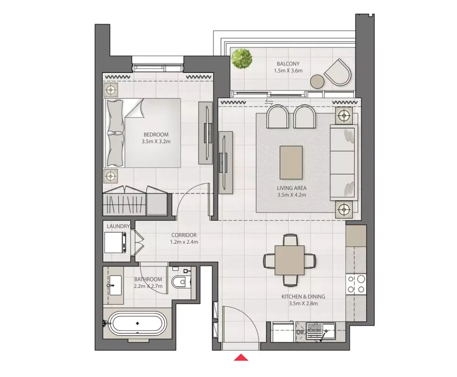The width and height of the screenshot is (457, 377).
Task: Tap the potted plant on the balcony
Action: point(242,59)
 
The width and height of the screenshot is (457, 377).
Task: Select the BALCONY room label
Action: point(288,64)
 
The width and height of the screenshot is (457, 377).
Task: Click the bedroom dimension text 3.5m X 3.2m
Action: point(156,141)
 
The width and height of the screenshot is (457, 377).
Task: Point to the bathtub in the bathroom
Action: point(138,324)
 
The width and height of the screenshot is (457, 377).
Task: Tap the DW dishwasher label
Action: point(300,332)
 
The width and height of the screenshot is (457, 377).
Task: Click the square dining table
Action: point(289,260)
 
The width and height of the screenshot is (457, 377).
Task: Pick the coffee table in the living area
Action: point(291,163)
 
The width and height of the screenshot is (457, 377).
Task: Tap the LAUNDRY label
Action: point(118,226)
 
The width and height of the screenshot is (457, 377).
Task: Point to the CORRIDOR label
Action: point(184,235)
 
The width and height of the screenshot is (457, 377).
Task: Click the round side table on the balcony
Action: point(317,82)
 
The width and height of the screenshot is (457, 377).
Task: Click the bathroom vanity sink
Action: point(116,285)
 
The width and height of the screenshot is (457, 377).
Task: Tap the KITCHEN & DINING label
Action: point(303,296)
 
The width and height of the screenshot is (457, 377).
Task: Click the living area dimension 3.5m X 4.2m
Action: point(292,195)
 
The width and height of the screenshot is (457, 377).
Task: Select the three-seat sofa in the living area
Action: point(344,163)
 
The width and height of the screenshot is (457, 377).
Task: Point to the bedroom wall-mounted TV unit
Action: point(206,133)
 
